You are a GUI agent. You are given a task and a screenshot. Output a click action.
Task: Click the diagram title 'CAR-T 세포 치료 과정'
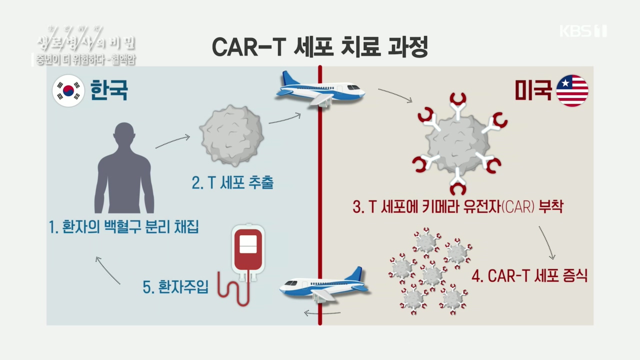point(320,47)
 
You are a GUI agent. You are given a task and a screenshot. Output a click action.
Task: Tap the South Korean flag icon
point(68,90)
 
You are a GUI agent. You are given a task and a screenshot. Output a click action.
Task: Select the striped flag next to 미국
point(572,90)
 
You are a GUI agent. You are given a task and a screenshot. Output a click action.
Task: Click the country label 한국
point(109,90)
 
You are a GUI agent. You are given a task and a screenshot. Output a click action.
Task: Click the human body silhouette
point(124,168)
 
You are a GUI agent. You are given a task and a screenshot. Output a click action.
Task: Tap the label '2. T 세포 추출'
point(232,183)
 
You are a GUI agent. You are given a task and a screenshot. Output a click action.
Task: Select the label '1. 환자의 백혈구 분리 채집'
point(123,227)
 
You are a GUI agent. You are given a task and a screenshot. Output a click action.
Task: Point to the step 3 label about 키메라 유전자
point(457,207)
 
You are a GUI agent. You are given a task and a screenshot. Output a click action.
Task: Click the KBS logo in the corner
point(583,31)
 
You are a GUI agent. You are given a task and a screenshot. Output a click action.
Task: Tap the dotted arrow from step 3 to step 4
point(546,242)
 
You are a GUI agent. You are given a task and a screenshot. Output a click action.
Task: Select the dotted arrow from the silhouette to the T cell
point(172,141)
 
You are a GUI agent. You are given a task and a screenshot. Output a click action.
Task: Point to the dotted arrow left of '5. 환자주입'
point(108,270)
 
